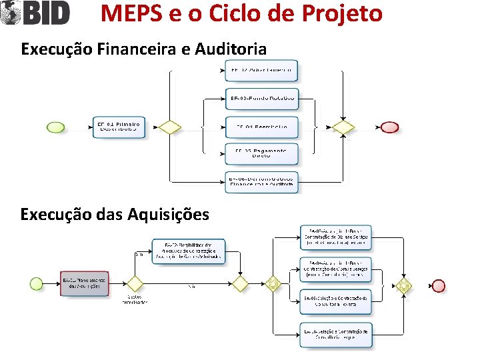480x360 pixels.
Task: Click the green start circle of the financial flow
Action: pyautogui.click(x=56, y=127)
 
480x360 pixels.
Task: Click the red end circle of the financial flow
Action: pyautogui.click(x=389, y=127)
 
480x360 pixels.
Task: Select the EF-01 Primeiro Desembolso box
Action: pyautogui.click(x=118, y=127)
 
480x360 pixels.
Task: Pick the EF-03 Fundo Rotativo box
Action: pyautogui.click(x=261, y=99)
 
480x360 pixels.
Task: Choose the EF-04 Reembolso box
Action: pyautogui.click(x=261, y=127)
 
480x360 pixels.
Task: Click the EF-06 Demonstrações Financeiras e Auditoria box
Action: pyautogui.click(x=261, y=181)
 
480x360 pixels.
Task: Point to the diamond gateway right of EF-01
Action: pyautogui.click(x=171, y=127)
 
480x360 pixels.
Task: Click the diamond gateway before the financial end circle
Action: pyautogui.click(x=343, y=127)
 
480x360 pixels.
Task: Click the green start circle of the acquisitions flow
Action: pyautogui.click(x=37, y=284)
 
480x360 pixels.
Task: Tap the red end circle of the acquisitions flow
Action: pyautogui.click(x=438, y=285)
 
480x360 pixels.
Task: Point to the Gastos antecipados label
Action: pyautogui.click(x=134, y=299)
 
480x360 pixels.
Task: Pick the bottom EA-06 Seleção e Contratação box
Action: pyautogui.click(x=335, y=335)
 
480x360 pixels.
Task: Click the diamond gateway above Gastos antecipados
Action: pyautogui.click(x=135, y=284)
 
